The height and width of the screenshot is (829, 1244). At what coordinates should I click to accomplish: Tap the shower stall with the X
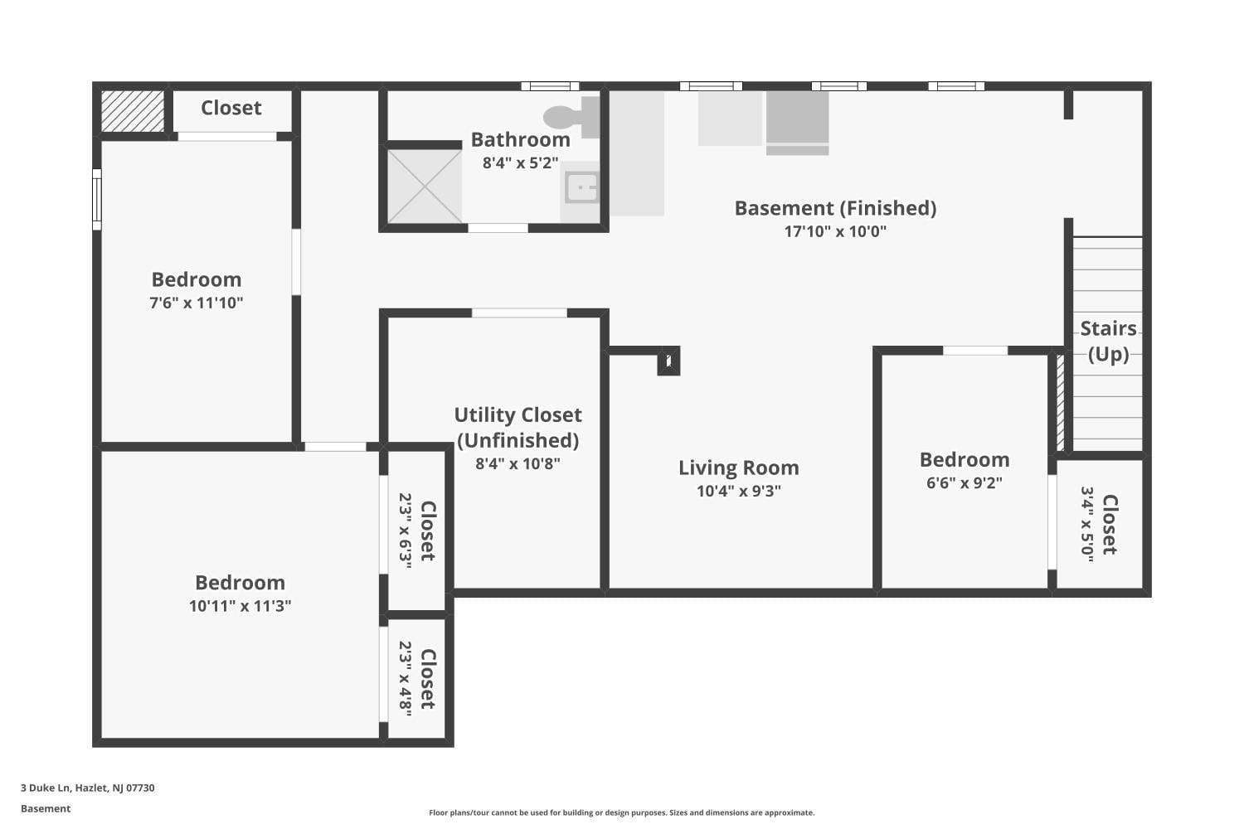coord(425,187)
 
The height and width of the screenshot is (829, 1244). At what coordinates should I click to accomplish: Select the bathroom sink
coord(581,187)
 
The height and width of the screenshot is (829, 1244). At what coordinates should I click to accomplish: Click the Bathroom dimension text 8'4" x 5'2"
coord(520,163)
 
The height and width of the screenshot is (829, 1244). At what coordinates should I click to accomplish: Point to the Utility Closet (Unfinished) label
coord(518,427)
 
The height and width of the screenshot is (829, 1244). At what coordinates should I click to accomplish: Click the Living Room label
coord(738,468)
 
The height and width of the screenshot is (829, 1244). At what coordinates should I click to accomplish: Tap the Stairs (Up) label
coord(1108,341)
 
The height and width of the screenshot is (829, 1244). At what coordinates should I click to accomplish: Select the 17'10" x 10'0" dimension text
coord(835,231)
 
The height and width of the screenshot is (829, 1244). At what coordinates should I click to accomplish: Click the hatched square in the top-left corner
coord(133,111)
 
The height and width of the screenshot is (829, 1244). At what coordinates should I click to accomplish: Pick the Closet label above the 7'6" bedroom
coord(231,108)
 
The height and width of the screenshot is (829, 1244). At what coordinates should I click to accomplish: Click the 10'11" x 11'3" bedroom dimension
coord(240,606)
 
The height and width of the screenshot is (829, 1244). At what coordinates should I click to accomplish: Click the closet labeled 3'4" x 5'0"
coord(1100,524)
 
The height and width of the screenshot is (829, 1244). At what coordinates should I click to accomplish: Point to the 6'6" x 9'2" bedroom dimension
coord(964,482)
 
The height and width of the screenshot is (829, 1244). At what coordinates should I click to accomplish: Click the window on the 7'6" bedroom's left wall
coord(96,200)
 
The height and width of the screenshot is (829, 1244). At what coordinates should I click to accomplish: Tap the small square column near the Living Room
coord(668,361)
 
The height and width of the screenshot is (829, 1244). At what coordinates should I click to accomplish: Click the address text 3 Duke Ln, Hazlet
coord(87,788)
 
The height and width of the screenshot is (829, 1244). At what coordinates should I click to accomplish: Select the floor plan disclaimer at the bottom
coord(621,813)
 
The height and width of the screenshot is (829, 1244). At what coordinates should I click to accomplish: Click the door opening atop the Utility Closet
coord(519,313)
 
